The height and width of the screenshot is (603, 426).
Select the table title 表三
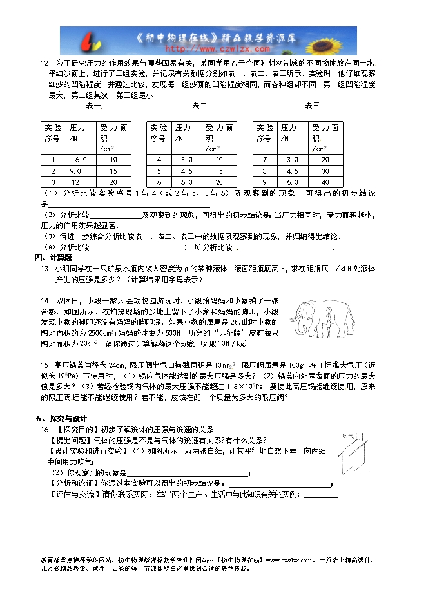pyautogui.click(x=312, y=105)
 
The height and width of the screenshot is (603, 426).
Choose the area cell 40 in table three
pyautogui.click(x=324, y=182)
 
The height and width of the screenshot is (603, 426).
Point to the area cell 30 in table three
pyautogui.click(x=324, y=171)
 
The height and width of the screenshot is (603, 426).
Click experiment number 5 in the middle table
pyautogui.click(x=159, y=171)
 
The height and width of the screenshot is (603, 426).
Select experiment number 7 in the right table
pyautogui.click(x=264, y=159)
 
